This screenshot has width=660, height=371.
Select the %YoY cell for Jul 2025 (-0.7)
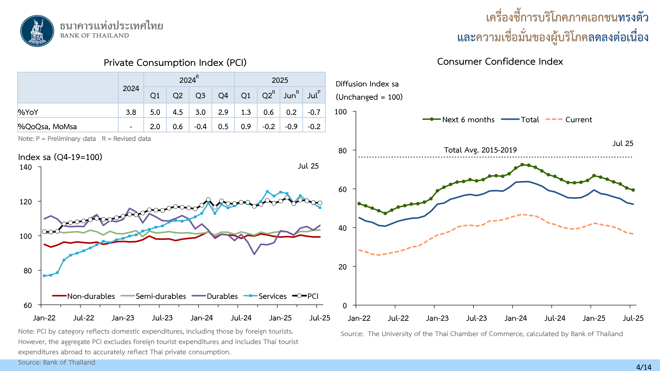point(314,112)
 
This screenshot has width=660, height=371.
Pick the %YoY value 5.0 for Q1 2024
point(155,112)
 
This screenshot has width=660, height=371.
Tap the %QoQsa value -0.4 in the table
point(200,126)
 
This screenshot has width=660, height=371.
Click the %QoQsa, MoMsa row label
point(47,126)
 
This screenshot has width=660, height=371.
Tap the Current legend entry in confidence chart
point(569,120)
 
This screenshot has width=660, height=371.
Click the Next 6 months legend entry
point(459,120)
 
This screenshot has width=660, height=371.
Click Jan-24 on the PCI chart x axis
point(202,318)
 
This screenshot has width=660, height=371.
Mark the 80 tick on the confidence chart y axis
point(343,151)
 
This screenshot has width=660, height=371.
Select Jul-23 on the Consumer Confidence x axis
point(476,318)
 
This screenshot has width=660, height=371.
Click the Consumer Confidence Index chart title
point(500,62)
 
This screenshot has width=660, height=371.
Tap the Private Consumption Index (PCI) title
point(175,62)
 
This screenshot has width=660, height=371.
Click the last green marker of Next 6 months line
point(633,190)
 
